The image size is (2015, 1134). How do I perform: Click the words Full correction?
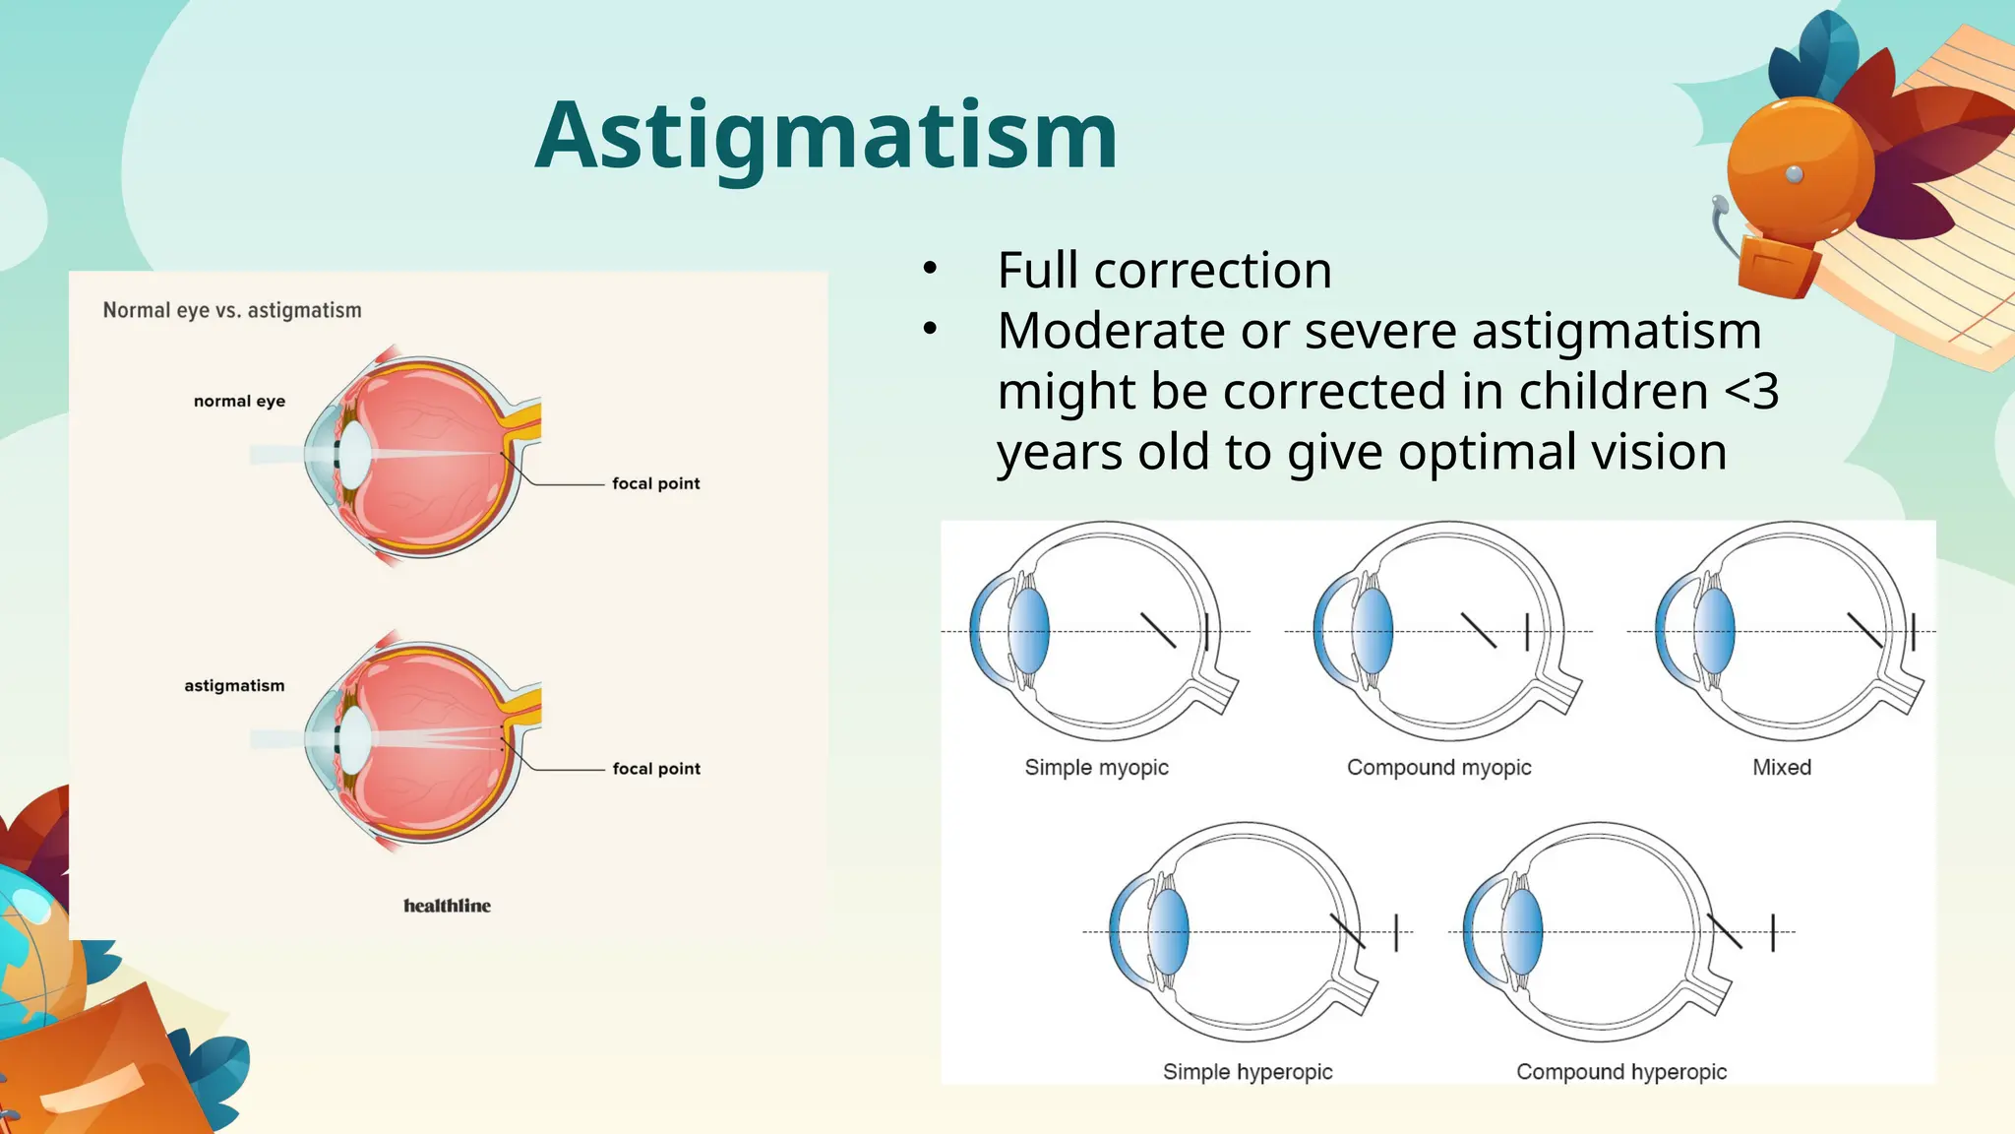[x=1164, y=271]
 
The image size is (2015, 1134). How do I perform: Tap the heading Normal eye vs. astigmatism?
[x=232, y=310]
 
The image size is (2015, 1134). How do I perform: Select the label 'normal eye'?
[x=239, y=401]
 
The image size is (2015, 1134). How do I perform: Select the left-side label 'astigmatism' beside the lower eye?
[x=234, y=685]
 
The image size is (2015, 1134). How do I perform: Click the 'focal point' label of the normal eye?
[x=655, y=483]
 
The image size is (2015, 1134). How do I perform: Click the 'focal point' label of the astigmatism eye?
[x=656, y=769]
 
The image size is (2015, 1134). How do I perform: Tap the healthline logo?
[x=447, y=906]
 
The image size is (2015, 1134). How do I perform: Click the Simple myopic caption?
[x=1096, y=768]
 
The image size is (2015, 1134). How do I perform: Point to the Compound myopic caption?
[x=1438, y=768]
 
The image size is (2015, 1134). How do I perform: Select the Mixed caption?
[x=1781, y=768]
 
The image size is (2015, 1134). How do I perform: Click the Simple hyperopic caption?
[x=1247, y=1072]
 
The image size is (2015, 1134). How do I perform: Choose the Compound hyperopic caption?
[x=1620, y=1072]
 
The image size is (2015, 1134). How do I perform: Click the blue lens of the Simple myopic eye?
[x=1029, y=631]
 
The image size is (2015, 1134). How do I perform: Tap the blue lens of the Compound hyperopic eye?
[x=1522, y=931]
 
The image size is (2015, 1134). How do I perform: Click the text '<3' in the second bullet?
[x=1751, y=392]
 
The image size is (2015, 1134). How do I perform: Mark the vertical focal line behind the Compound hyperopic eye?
[x=1773, y=931]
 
